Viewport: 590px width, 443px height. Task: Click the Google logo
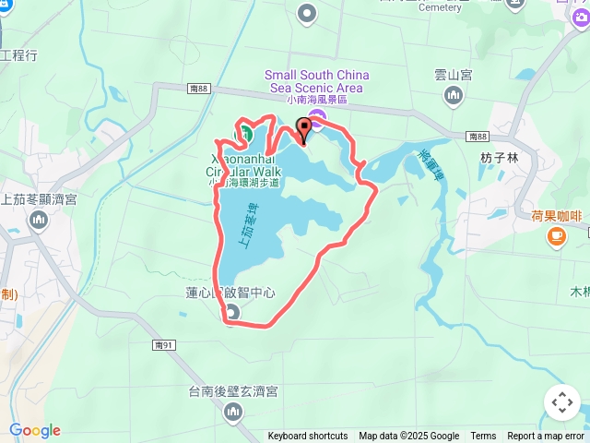tap(35, 430)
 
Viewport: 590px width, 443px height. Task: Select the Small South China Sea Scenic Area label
tap(317, 81)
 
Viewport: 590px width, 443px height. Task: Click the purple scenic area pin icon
tap(317, 117)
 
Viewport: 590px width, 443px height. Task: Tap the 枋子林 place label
tap(501, 158)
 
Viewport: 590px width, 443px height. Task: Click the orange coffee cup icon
tap(556, 237)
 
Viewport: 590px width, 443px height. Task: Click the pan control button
tap(561, 402)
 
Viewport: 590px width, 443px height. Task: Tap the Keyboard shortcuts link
tap(308, 437)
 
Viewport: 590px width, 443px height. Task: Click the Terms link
tap(483, 437)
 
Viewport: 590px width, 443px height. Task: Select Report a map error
tap(546, 437)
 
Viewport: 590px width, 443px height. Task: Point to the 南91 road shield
tap(164, 344)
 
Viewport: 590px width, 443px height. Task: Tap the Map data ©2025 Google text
tap(408, 437)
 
